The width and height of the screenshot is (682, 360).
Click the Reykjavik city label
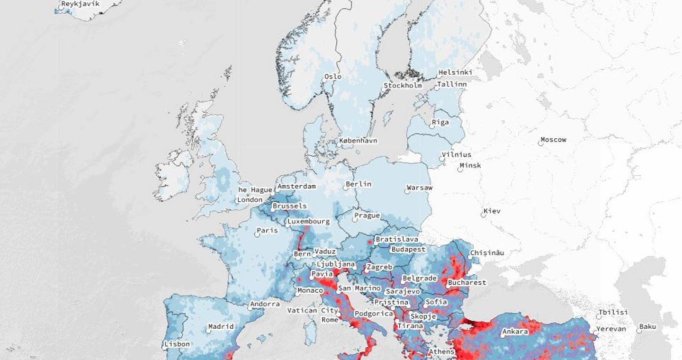click(x=81, y=4)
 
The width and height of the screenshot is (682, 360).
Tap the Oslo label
click(x=333, y=76)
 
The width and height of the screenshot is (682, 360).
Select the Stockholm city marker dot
click(x=384, y=89)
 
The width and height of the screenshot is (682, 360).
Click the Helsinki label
click(x=455, y=72)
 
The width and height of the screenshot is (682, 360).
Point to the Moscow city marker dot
click(x=540, y=143)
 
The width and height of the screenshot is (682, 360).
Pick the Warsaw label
click(x=420, y=188)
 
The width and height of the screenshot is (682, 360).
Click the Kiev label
click(x=493, y=211)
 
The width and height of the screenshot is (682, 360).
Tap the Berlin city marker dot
click(x=346, y=188)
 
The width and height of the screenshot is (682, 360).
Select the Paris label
click(x=268, y=231)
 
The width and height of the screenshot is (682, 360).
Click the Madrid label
click(x=221, y=326)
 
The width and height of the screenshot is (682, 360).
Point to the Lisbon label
click(x=178, y=344)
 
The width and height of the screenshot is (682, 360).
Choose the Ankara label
click(x=515, y=332)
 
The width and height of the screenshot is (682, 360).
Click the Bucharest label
click(x=467, y=282)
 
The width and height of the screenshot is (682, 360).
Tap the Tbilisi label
click(x=613, y=312)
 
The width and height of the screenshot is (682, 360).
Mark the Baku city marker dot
click(x=636, y=330)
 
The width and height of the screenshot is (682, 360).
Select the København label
click(x=359, y=141)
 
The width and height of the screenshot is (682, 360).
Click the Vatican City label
click(x=313, y=311)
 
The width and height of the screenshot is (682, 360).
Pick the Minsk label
click(x=471, y=165)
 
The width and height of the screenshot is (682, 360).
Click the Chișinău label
click(x=487, y=253)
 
